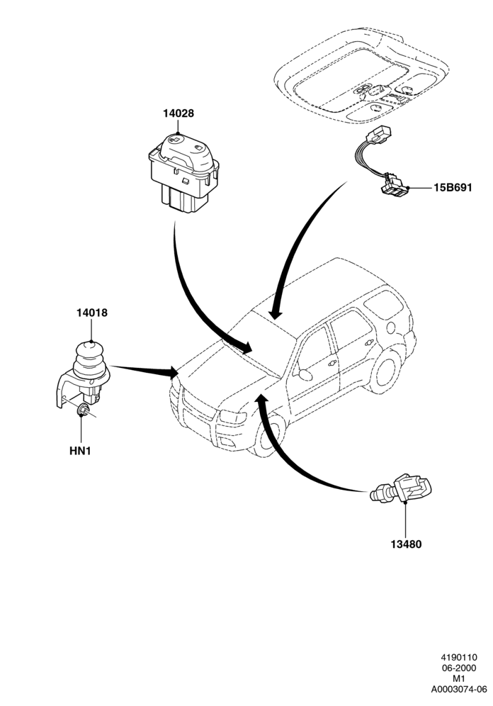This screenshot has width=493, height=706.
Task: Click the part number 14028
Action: click(x=178, y=113)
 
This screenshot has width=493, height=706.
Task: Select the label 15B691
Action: click(x=453, y=187)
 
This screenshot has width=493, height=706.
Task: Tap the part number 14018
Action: click(x=92, y=313)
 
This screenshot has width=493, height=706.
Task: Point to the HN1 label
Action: click(x=81, y=451)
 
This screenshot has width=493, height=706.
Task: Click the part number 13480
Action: click(x=406, y=544)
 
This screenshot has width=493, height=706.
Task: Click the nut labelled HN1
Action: click(x=82, y=410)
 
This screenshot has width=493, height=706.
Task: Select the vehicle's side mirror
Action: click(x=305, y=374)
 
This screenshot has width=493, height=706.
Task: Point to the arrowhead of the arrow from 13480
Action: click(x=261, y=400)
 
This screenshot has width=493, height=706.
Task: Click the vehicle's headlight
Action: click(x=232, y=417)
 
